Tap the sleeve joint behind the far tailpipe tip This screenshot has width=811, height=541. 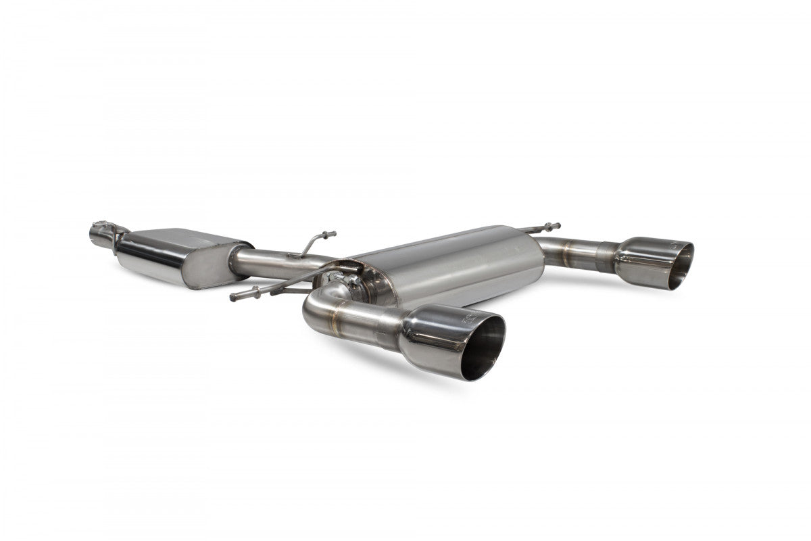pos(606,257)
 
